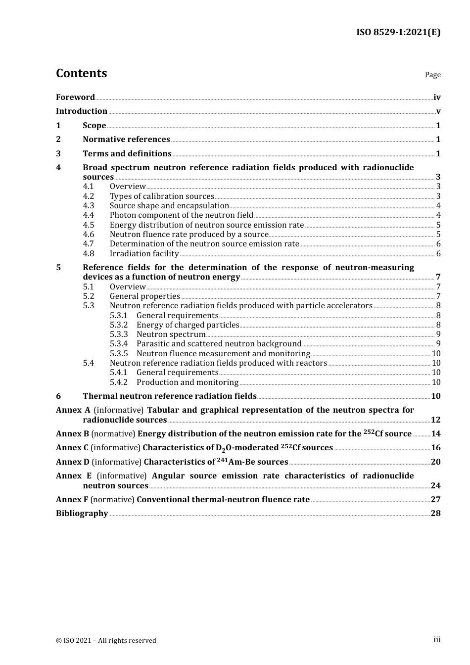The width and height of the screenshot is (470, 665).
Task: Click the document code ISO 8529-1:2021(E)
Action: pos(398,33)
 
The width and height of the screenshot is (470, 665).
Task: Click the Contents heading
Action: pos(81,73)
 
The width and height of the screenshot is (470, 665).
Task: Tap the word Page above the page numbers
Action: pos(432,75)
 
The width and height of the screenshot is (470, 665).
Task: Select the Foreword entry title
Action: pos(75,97)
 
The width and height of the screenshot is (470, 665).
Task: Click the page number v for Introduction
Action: pos(438,111)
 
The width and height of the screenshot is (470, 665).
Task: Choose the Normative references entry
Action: pos(126,140)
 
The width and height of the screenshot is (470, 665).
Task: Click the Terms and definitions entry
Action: pos(127,154)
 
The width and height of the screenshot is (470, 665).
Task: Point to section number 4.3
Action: pos(88,206)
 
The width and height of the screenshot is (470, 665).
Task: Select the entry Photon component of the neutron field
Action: pos(181,215)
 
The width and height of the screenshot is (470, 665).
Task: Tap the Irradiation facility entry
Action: pos(144,254)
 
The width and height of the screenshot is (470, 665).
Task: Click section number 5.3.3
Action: pos(119,334)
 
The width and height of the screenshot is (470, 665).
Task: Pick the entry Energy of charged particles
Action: pos(188,325)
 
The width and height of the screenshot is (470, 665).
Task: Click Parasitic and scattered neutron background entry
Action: pos(219,344)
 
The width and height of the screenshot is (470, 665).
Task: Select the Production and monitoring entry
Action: pos(187,382)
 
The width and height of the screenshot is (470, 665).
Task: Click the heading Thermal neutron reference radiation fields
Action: pos(169,396)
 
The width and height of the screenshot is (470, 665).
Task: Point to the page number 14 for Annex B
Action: pos(435,434)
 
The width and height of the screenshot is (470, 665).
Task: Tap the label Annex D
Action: pos(72,462)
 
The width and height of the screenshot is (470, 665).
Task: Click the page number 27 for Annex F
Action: pos(435,500)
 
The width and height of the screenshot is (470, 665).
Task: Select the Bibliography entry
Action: pos(82,514)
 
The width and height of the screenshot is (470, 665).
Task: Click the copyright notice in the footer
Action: pos(106,640)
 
